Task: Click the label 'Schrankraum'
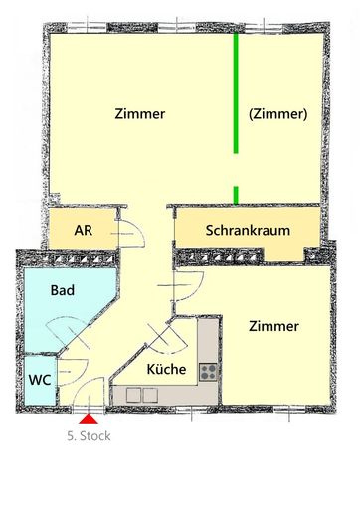point(248,231)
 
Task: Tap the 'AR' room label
point(84,229)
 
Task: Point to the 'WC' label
point(40,380)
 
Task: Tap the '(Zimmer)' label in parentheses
point(277,113)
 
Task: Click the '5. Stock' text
point(87,435)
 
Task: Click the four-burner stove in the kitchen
point(209,372)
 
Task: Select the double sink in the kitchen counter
point(142,395)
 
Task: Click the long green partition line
point(236,94)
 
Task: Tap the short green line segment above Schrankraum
point(236,194)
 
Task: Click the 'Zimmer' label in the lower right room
point(273,326)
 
